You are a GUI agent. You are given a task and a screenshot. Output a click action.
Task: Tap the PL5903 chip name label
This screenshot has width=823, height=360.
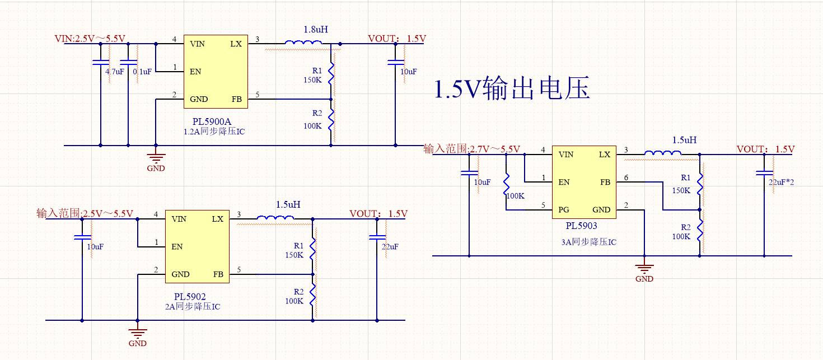coord(581,226)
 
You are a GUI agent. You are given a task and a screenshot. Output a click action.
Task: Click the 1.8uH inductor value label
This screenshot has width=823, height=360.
coord(316,29)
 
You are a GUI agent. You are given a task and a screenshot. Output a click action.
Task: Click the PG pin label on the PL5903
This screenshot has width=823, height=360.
coord(564,210)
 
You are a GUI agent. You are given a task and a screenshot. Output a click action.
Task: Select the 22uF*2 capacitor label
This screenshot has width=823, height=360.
coord(781,183)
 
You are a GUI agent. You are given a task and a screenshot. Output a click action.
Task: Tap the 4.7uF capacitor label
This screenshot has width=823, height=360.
coord(115,72)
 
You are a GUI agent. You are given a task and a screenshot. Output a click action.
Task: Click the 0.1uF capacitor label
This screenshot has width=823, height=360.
coord(142,72)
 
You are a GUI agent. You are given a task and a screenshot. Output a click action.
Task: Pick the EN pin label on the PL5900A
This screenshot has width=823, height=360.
coord(195,72)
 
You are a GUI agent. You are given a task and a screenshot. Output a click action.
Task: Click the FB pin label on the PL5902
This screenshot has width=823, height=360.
coord(218,274)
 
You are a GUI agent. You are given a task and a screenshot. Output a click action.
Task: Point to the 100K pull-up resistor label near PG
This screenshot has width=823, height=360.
coord(515,197)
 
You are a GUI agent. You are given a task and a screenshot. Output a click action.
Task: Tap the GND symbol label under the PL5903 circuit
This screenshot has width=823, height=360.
coord(644,278)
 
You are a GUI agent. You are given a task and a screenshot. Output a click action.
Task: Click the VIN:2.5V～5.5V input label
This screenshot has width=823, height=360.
coord(90,39)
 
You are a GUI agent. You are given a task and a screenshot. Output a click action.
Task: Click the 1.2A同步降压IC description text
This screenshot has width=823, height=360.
coord(214,132)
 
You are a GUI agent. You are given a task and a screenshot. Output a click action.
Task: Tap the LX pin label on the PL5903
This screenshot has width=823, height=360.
coord(605,154)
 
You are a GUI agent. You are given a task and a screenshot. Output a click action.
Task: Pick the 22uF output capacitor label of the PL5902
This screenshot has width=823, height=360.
coord(390,247)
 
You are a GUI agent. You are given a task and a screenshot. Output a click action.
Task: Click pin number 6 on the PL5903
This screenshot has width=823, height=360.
coord(626,177)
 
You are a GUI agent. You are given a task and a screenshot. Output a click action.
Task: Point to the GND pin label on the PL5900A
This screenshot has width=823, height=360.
coord(199,100)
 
